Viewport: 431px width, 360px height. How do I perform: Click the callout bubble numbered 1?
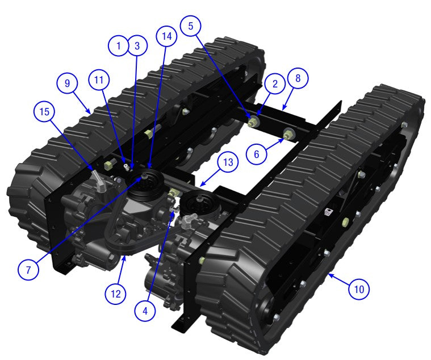(x=119, y=46)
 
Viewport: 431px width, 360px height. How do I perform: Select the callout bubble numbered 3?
(x=136, y=46)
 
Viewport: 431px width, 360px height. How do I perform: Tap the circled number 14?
(x=166, y=36)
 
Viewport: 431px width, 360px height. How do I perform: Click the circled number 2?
(x=275, y=84)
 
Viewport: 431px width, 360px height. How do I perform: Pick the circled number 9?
(x=68, y=83)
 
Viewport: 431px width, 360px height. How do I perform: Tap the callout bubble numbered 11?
(x=99, y=81)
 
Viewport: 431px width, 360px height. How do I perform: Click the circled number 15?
(x=44, y=111)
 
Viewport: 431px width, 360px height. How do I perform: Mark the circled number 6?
(x=256, y=153)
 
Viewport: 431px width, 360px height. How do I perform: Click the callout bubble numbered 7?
(x=28, y=270)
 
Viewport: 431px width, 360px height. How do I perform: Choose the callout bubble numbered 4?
(x=146, y=310)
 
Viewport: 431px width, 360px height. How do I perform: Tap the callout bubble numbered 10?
(x=358, y=289)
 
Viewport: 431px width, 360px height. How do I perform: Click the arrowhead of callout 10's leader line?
(x=328, y=275)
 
